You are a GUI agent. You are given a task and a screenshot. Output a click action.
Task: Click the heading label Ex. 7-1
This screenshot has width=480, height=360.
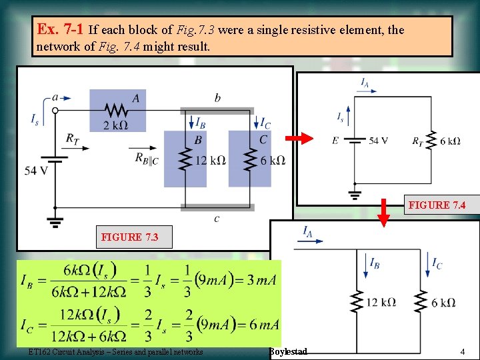tap(61, 30)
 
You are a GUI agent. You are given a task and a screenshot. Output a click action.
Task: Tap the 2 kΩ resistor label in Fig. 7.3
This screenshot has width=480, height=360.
tap(115, 125)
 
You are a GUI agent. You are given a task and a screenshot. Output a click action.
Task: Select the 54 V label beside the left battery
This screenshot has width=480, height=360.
tap(36, 171)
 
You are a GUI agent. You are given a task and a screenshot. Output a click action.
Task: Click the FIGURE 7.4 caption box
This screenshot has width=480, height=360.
tap(437, 205)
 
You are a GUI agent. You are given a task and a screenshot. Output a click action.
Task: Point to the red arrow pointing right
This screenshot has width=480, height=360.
tap(299, 139)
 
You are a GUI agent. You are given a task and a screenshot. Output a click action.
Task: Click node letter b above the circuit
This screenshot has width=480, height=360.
tap(217, 98)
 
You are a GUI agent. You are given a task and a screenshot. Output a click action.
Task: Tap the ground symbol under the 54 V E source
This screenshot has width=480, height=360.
tap(355, 195)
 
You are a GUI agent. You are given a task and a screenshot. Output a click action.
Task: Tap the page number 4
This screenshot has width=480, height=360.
tap(462, 351)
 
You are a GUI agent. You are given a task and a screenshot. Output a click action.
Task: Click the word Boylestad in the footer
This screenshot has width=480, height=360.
tap(289, 351)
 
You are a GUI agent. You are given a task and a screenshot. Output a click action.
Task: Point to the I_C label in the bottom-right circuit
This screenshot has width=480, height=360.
tap(437, 264)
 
